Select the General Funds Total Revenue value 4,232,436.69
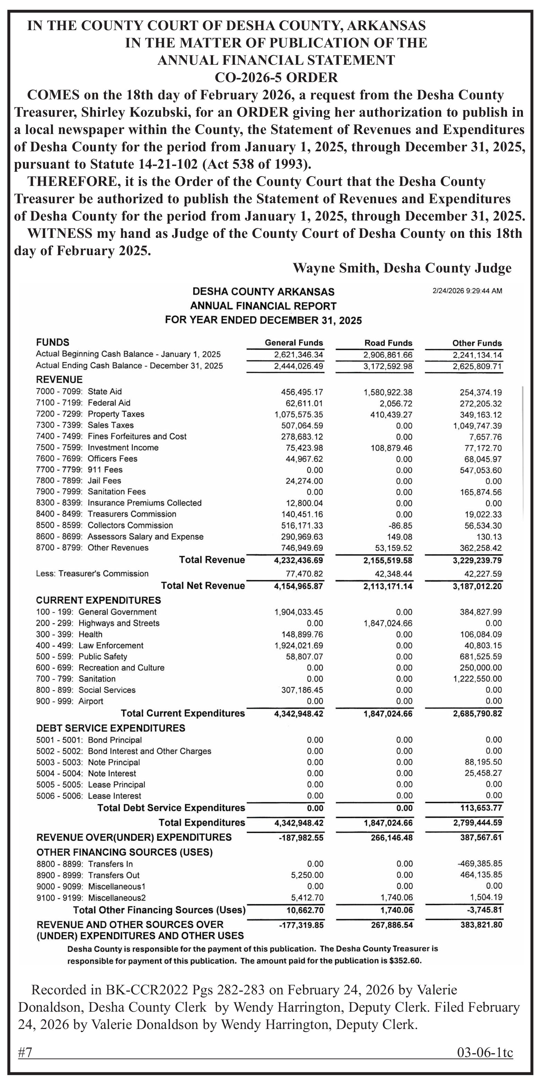pos(299,561)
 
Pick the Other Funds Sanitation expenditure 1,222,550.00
pos(477,679)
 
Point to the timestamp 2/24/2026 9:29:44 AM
pos(467,291)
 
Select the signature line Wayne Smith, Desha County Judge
pos(402,268)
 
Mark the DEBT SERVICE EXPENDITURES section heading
pos(110,728)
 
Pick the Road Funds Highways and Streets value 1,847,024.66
pos(388,624)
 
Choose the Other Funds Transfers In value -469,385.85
pos(479,863)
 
